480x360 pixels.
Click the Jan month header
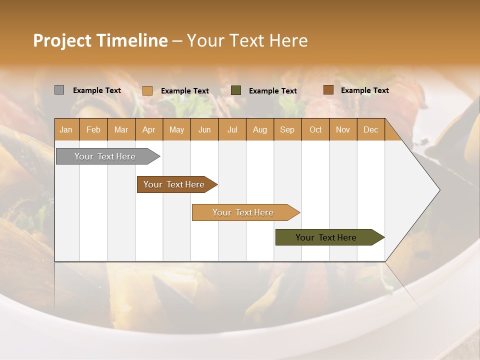click(66, 129)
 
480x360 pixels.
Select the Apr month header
click(149, 129)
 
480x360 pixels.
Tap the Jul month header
click(232, 129)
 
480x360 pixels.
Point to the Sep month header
click(287, 129)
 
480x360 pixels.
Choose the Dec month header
click(370, 129)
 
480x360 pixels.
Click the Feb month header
click(93, 129)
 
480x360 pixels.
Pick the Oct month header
click(315, 129)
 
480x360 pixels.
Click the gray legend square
click(59, 90)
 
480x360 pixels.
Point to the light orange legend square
click(147, 90)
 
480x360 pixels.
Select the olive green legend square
click(236, 90)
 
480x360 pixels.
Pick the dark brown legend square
click(328, 90)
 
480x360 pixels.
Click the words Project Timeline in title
click(100, 40)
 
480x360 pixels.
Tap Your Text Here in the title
click(247, 40)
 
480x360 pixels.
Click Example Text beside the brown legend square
click(364, 90)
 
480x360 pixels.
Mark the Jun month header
click(204, 129)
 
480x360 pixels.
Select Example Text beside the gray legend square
click(97, 90)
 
